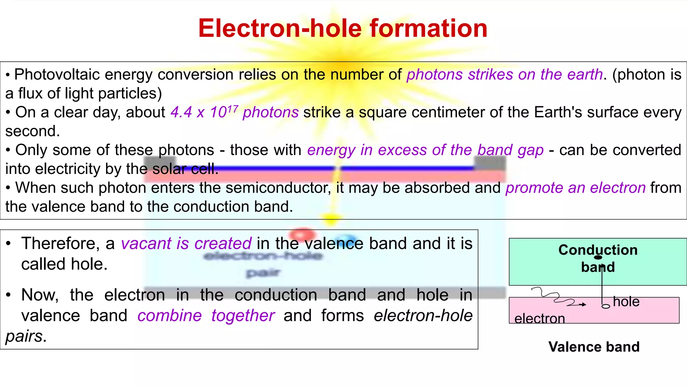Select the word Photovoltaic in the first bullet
[x=57, y=74]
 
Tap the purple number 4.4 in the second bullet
[x=181, y=112]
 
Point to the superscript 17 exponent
[x=233, y=108]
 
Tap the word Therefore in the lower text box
[x=60, y=243]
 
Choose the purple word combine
[x=169, y=316]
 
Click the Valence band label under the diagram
[x=594, y=347]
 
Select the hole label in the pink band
[x=626, y=302]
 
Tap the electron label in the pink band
[x=539, y=318]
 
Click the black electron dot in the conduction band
[x=598, y=257]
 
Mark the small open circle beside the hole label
[x=606, y=306]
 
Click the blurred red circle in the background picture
[x=302, y=233]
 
